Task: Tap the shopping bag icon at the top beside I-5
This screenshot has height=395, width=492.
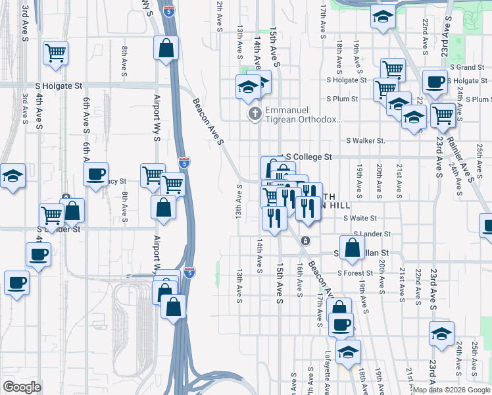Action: click(166, 47)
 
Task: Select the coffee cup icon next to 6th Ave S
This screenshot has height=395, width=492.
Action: click(96, 174)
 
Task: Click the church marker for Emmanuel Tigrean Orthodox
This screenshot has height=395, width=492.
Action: click(255, 114)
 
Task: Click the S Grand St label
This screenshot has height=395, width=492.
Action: click(467, 67)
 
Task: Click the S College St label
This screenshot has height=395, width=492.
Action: click(308, 157)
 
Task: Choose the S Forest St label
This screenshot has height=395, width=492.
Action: click(355, 273)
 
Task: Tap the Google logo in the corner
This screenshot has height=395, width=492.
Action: click(22, 387)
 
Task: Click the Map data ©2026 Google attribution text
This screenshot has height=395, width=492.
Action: click(451, 390)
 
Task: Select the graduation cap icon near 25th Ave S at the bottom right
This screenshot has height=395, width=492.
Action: click(441, 333)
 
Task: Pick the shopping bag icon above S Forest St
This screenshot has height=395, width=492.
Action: click(353, 248)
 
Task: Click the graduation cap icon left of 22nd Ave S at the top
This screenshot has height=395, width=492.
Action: click(381, 17)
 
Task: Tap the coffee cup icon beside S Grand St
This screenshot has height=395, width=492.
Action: click(434, 82)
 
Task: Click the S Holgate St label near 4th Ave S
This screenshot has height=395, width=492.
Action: click(59, 86)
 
